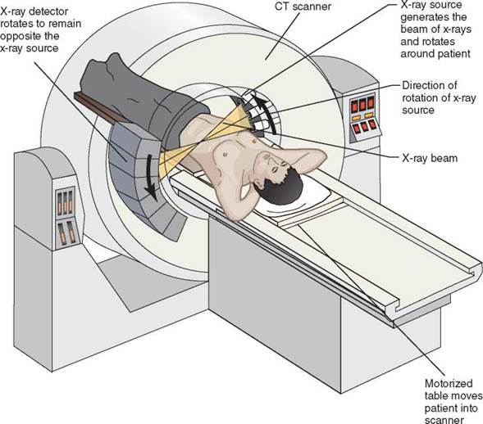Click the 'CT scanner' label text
click(x=303, y=7)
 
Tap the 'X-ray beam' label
click(x=430, y=158)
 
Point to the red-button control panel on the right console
click(x=363, y=115)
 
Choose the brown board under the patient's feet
click(x=102, y=107)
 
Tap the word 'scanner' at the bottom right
click(x=444, y=420)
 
